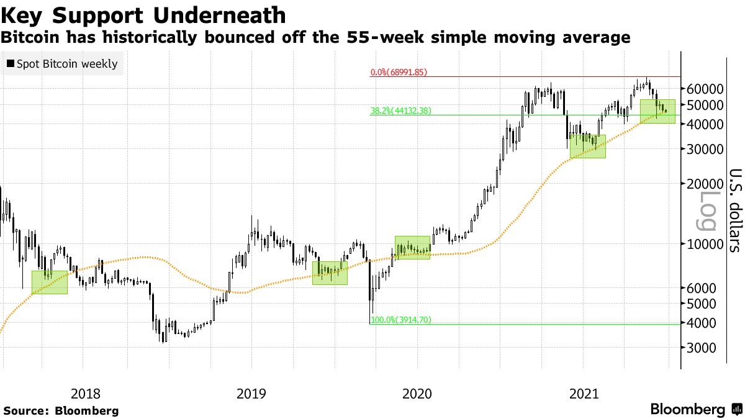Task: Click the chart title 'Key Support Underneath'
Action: coord(143,15)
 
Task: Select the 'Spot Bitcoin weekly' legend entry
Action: coord(61,63)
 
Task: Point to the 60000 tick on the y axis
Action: coord(706,89)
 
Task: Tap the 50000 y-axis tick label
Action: coord(706,106)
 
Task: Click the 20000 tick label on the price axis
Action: coord(706,184)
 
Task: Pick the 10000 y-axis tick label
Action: coord(706,244)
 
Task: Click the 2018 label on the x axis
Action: coord(85,393)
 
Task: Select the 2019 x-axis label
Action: coord(251,393)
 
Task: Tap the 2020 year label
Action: coord(417,393)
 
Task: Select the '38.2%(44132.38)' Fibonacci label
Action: coord(400,111)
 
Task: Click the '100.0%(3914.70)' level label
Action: coord(400,320)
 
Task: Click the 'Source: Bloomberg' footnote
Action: coord(61,410)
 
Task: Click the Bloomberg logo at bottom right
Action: coord(695,410)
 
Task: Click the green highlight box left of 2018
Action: coord(49,282)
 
